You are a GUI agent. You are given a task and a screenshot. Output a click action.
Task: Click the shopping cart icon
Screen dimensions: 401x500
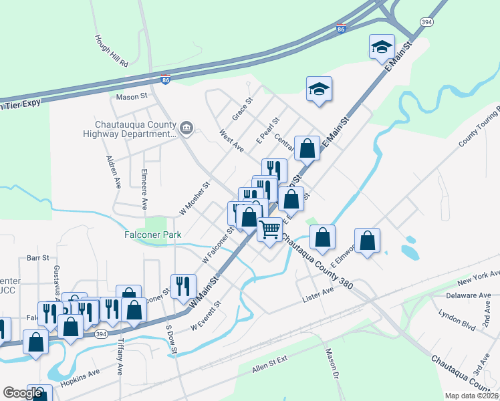pos(269,229)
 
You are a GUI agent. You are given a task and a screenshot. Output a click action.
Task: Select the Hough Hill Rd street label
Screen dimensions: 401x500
pos(111,51)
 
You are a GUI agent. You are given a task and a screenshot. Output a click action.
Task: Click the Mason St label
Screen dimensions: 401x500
pos(131,96)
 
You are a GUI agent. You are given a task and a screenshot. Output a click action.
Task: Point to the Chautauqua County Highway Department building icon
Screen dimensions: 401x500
pos(186,128)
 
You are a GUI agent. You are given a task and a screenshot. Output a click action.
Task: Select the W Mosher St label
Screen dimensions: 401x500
pos(195,199)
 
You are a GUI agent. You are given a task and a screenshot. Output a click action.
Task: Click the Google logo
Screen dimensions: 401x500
pos(22,393)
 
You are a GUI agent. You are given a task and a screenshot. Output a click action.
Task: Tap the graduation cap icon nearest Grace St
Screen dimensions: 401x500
pos(319,90)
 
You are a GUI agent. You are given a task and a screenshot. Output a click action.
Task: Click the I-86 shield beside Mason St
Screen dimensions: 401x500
pos(166,80)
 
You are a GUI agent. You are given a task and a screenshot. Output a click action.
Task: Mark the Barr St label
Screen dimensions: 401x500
pos(38,257)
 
